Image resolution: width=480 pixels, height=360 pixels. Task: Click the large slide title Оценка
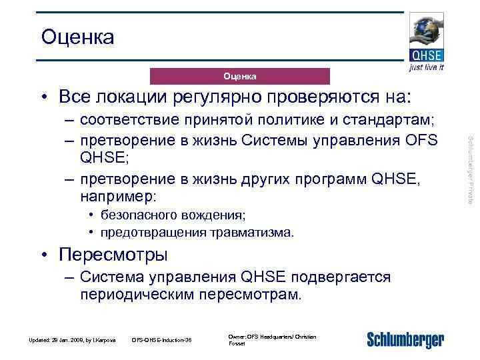pos(77,37)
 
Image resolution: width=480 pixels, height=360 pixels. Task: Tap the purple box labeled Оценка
pos(239,76)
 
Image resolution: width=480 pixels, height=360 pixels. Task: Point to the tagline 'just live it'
pos(427,68)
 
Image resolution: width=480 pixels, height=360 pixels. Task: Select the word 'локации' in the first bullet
pos(138,97)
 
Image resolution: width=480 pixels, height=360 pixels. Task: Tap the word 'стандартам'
pos(393,121)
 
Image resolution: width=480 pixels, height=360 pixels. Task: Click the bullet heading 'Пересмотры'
pos(113,255)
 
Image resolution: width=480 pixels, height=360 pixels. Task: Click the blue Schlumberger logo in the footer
pos(405,339)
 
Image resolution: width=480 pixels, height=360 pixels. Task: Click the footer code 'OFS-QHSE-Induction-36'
pos(162,341)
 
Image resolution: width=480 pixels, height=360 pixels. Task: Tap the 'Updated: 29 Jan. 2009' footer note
pos(73,341)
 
